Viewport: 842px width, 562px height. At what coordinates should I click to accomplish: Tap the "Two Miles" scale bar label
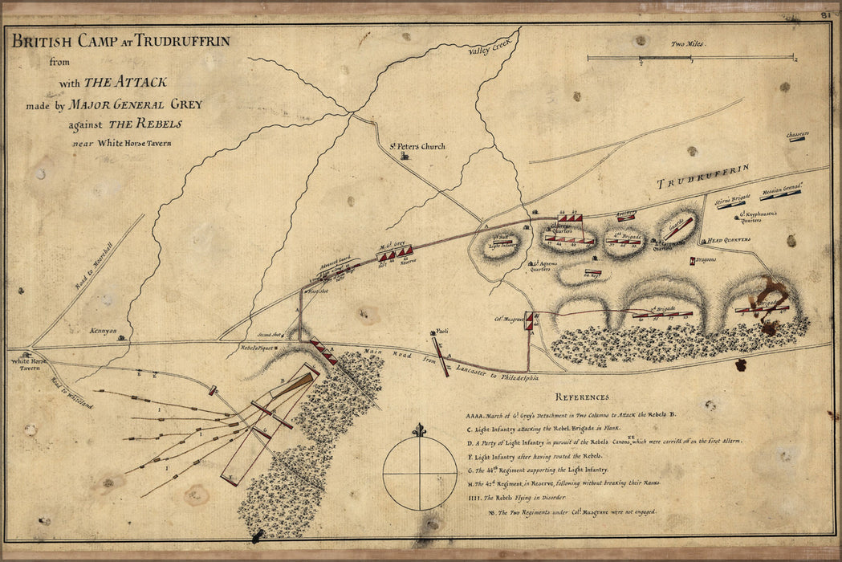[688, 44]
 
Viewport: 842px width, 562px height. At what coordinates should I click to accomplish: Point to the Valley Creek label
[485, 48]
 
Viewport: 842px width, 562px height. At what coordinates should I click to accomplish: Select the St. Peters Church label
[417, 146]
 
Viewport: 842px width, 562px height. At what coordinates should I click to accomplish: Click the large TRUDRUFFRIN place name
[703, 177]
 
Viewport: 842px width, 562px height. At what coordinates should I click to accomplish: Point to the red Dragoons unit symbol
[693, 260]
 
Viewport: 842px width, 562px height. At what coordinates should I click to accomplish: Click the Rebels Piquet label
[258, 348]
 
